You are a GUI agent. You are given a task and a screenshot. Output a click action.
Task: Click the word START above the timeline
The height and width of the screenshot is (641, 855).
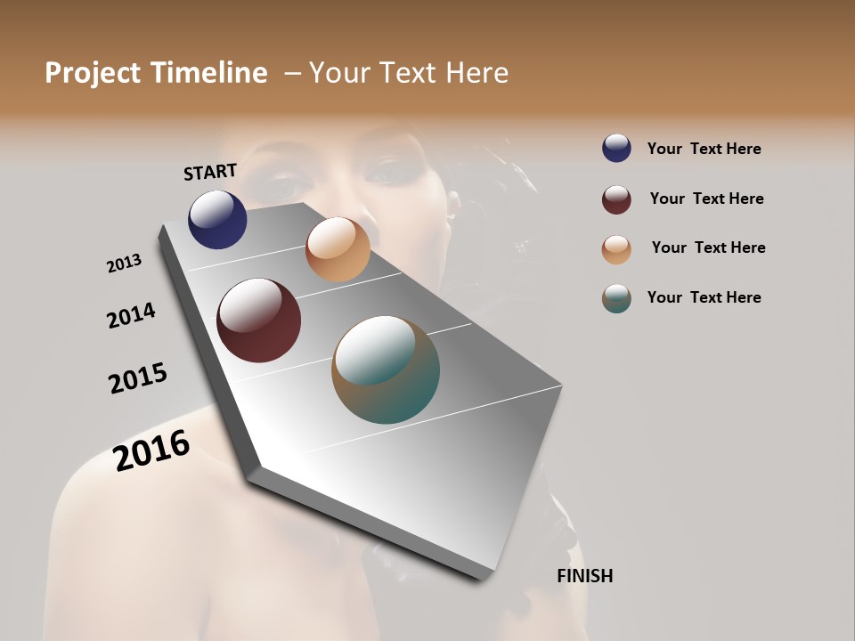coord(210,172)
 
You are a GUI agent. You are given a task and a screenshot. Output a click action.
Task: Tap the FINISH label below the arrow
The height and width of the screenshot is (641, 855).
coord(584,576)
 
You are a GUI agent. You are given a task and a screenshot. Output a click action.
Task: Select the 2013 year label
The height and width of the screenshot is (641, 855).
coord(124,264)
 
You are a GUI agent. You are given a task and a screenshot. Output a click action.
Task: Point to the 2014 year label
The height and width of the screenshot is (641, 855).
coord(131,315)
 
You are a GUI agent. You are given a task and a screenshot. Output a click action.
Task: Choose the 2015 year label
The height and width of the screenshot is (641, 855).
coord(138,378)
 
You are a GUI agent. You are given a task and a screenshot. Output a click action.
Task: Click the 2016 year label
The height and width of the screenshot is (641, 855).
coord(151,450)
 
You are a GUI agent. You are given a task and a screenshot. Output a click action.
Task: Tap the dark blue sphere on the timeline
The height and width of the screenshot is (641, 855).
coord(217,219)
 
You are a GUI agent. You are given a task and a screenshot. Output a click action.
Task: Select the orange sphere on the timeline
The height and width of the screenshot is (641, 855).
coord(338,249)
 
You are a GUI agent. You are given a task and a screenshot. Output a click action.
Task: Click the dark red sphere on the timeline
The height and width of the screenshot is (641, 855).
coord(258,320)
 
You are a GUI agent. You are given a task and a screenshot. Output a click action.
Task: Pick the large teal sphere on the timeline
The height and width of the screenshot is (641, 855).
coord(386,369)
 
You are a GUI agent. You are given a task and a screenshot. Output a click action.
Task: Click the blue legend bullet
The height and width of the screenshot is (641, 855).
coord(616,148)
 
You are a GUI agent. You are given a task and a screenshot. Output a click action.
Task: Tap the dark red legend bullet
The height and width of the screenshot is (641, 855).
coord(616,199)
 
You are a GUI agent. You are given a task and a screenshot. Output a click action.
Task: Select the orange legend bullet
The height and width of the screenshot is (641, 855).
coord(616,249)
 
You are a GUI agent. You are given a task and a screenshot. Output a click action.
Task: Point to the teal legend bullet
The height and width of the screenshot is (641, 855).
coord(616,298)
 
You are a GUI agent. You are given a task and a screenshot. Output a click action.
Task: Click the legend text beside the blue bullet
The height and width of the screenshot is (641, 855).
coord(704,150)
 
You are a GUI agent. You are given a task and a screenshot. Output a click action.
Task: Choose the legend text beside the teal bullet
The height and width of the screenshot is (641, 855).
coord(704,297)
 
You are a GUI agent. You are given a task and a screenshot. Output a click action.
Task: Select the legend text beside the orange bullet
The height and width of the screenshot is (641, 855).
coord(708,247)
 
